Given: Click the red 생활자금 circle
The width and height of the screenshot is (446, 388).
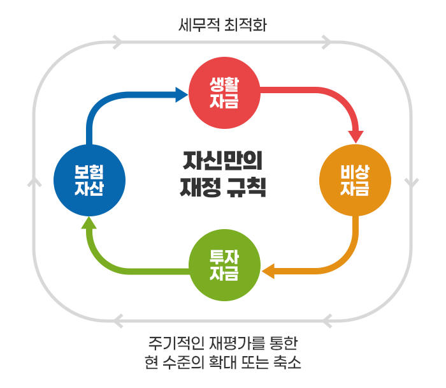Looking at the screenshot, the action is coord(224,93).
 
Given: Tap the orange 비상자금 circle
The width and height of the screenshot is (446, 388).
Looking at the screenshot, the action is coord(355,180).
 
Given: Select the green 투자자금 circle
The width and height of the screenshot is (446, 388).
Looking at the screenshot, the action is coord(224,265).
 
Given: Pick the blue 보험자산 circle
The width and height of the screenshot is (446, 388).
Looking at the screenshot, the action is coord(89,181).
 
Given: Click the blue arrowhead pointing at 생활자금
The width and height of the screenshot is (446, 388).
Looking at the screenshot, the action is coord(181,94).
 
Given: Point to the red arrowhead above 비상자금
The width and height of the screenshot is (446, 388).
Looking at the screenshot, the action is coord(356,137).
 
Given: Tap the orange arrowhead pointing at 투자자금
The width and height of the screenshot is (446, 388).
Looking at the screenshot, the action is coord(268,271).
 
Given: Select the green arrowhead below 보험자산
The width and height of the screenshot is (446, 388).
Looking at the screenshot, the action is coord(89,223).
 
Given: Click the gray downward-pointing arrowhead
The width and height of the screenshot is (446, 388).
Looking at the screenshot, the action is coord(412,183).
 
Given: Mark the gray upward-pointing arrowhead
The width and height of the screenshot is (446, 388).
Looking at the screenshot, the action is coord(34,183).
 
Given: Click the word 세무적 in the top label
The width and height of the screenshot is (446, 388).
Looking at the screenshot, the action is coord(199,25).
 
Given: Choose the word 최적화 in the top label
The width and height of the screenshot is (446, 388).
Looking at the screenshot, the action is coord(246,25).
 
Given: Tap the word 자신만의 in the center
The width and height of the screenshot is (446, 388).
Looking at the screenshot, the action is coord(223,161).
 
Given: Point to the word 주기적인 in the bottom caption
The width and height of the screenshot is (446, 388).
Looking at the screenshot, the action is coord(176,343).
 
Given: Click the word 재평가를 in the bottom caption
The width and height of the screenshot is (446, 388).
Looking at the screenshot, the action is coord(237,343).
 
